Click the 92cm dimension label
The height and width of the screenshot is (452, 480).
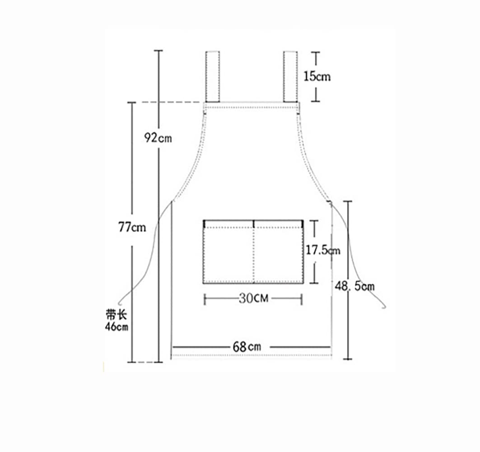click(158, 138)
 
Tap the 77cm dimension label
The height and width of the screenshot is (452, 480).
click(132, 227)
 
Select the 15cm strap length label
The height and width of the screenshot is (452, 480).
click(317, 76)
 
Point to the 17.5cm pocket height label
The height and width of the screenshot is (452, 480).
click(323, 250)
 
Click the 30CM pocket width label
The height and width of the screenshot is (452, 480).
click(253, 298)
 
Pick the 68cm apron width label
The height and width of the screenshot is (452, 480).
click(247, 347)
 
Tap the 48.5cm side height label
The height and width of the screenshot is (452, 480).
click(354, 286)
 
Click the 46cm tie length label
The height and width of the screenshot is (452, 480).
click(117, 327)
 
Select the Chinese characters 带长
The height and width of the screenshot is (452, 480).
click(117, 315)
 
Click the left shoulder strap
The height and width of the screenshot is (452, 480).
click(212, 76)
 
